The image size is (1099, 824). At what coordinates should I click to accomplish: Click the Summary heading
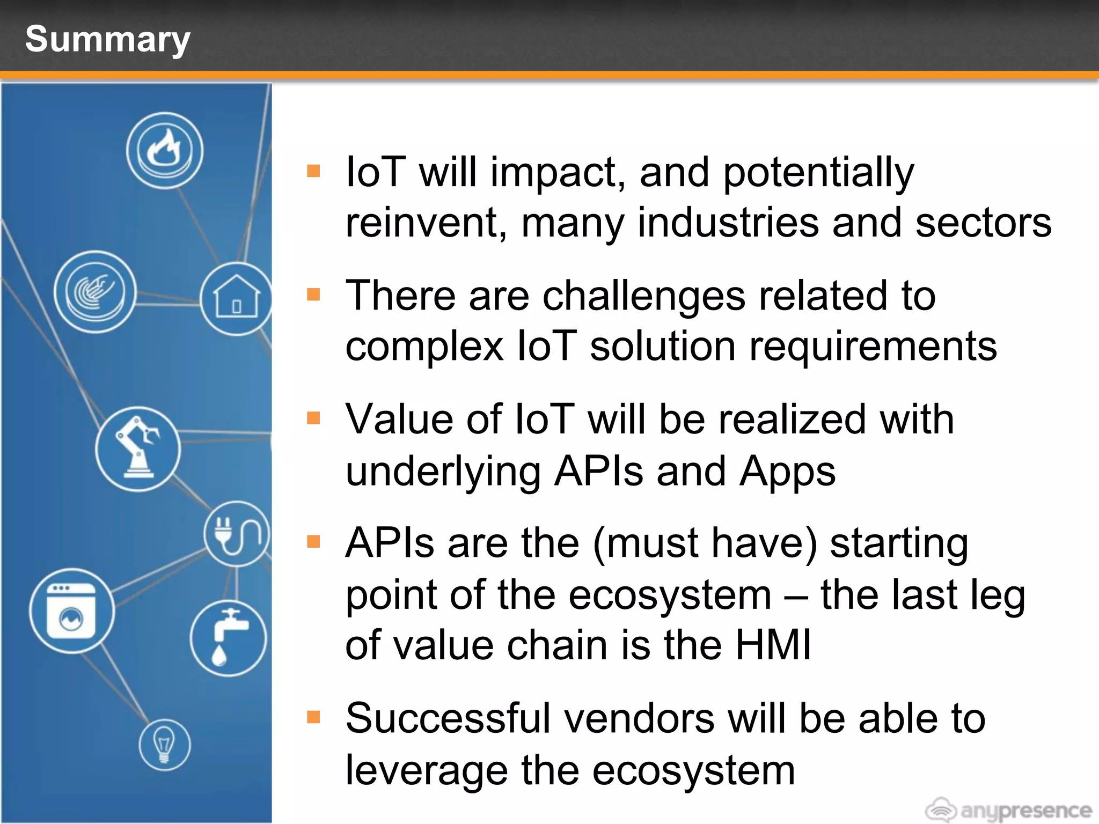(107, 40)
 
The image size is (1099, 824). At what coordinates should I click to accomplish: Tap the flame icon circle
(165, 151)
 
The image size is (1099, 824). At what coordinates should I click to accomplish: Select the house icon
(236, 299)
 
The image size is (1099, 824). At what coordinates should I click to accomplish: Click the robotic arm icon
(138, 449)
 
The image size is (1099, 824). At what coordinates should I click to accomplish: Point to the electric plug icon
(236, 534)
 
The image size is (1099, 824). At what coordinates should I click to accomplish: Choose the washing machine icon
(71, 611)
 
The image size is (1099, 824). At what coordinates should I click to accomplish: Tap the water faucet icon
(228, 638)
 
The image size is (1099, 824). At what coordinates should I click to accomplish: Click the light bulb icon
(164, 745)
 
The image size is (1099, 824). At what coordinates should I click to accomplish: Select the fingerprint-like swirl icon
(95, 292)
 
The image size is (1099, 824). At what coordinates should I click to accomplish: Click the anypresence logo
(1009, 809)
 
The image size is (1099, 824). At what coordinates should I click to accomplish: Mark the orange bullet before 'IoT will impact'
(313, 171)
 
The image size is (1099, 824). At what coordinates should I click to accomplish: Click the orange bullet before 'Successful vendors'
(313, 717)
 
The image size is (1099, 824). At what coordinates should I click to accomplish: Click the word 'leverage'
(426, 771)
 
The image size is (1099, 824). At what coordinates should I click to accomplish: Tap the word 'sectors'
(983, 223)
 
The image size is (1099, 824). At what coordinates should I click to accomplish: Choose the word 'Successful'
(449, 718)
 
